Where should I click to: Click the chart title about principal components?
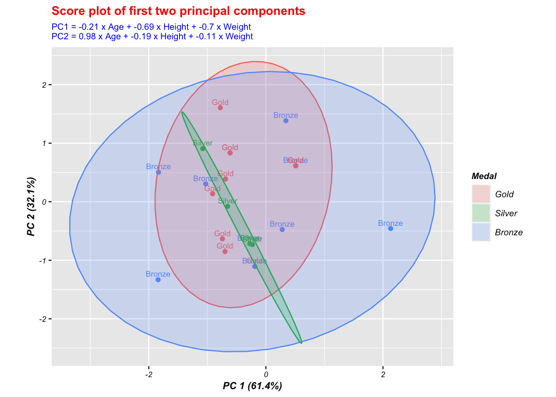tap(178, 11)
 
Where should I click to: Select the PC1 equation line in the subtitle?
tap(151, 27)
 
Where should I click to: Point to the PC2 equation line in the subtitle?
tap(152, 36)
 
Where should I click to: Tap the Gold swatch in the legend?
tap(481, 194)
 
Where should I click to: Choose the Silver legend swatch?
tap(481, 213)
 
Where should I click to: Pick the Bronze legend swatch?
tap(481, 232)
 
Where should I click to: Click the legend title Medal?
tap(484, 176)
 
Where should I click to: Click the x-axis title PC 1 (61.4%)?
tap(252, 386)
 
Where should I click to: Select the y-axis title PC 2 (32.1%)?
tap(31, 206)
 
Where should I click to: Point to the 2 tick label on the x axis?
tap(383, 375)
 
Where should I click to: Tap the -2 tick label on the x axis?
tap(148, 375)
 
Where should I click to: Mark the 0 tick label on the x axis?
tap(266, 375)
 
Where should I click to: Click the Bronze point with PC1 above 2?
tap(391, 229)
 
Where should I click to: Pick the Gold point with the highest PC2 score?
tap(220, 108)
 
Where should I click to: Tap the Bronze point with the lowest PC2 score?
tap(158, 280)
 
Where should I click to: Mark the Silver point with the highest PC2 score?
tap(203, 149)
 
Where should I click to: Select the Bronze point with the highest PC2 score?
tap(286, 121)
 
